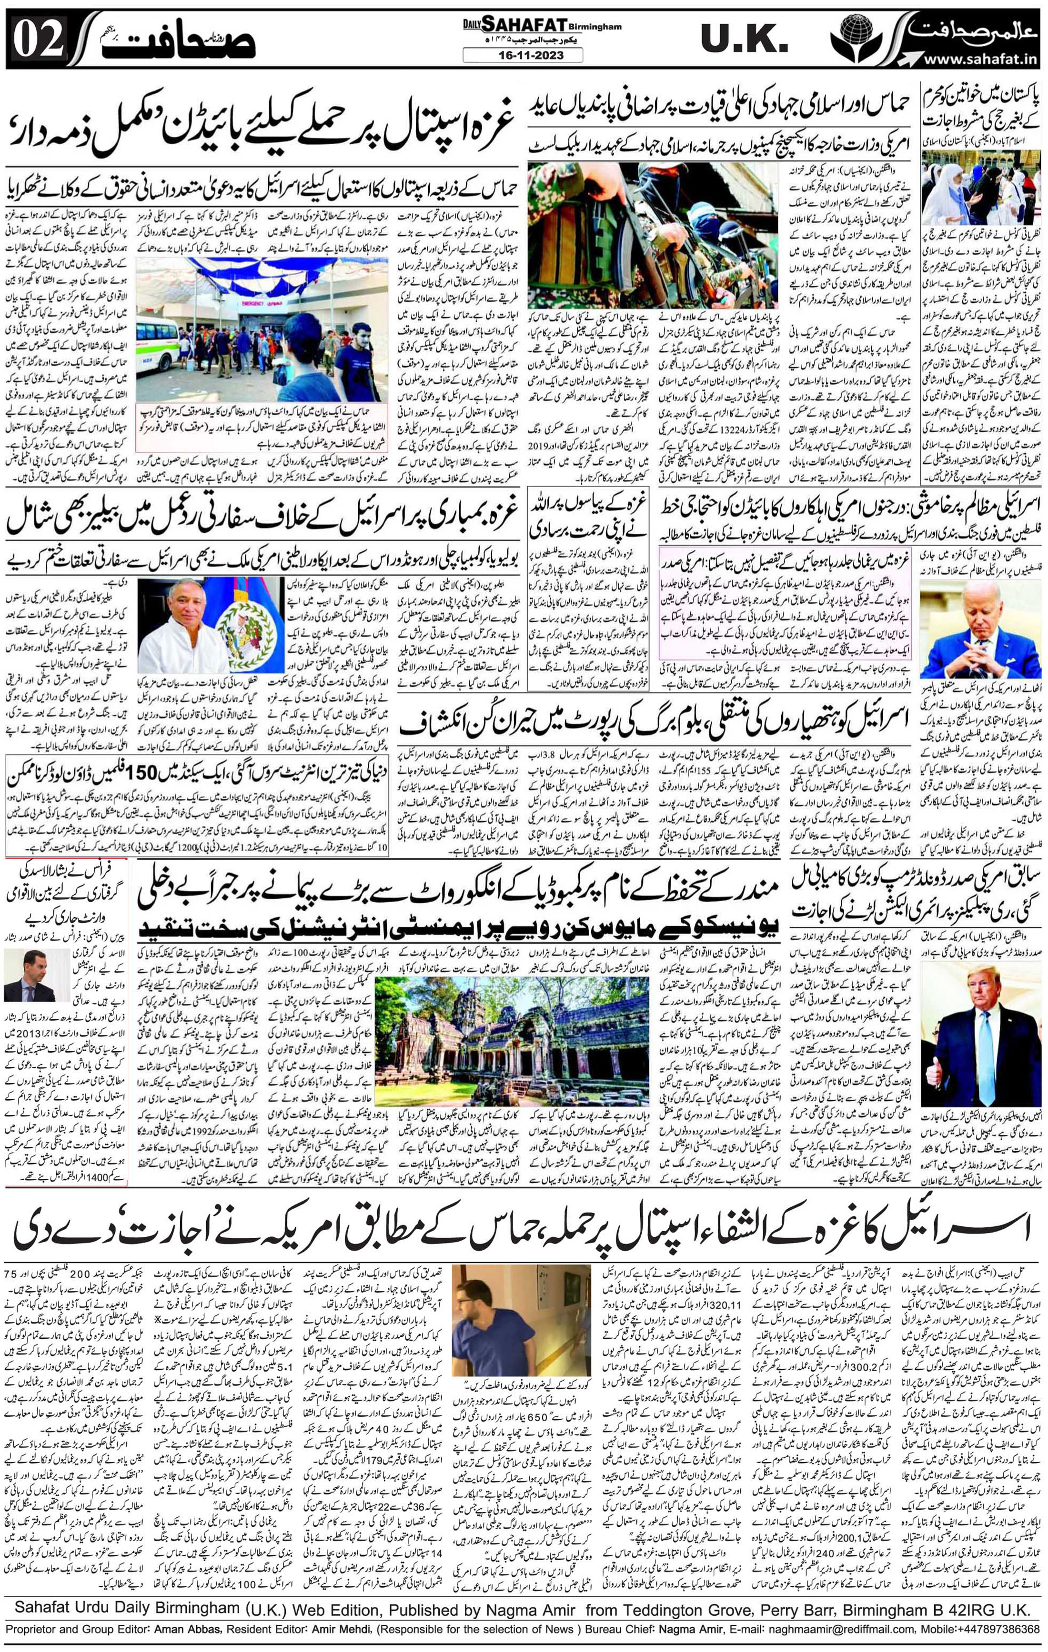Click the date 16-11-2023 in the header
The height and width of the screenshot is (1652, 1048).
pos(522,55)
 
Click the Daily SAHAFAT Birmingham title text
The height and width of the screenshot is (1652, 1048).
pos(532,25)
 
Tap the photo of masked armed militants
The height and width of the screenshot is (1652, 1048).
pos(652,233)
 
